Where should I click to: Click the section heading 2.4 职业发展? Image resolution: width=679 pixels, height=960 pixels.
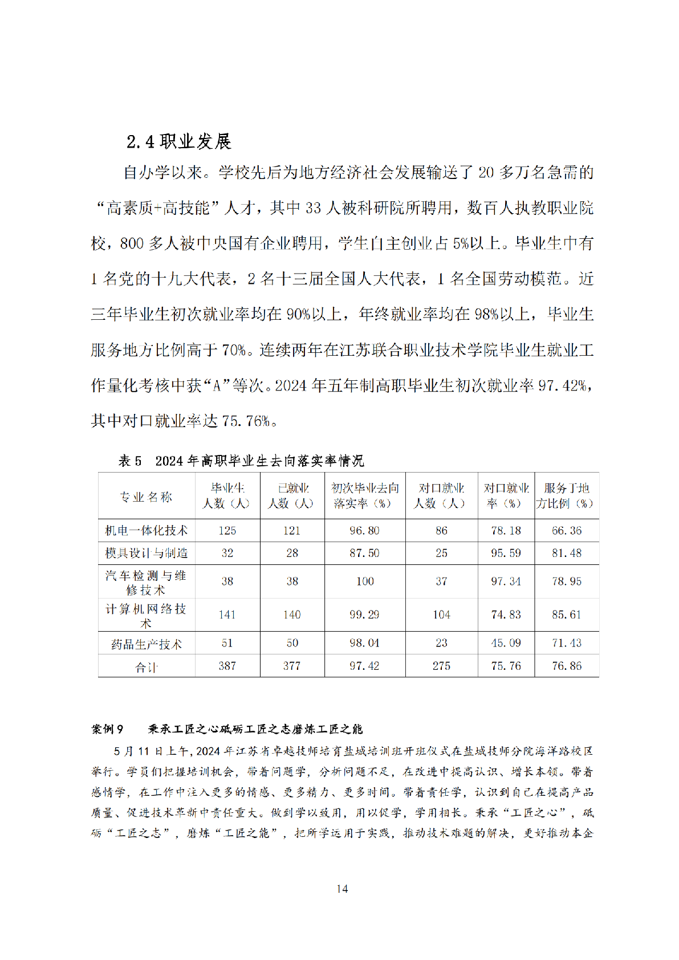coord(178,141)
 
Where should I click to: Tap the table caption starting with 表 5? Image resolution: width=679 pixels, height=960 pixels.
coord(241,461)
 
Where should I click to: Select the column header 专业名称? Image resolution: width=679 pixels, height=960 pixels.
coord(146,497)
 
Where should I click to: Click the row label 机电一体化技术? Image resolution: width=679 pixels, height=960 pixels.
coord(146,531)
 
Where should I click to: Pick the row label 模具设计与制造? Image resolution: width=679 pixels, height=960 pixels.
coord(146,553)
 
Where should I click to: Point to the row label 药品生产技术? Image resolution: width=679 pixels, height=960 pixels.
coord(146,644)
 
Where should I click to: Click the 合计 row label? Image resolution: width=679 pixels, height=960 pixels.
coord(146,666)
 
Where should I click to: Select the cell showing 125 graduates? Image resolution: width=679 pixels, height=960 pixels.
coord(227,531)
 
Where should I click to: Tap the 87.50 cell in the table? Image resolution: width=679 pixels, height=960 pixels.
coord(364,553)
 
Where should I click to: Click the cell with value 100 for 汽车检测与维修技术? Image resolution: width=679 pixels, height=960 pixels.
coord(365,581)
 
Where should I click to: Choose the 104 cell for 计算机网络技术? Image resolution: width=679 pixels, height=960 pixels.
coord(441,615)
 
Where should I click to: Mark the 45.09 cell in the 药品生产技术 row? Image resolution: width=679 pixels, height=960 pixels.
coord(506,643)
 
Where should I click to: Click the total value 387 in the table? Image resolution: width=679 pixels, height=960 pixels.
coord(227,666)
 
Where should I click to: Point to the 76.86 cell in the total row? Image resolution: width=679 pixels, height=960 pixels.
coord(566,666)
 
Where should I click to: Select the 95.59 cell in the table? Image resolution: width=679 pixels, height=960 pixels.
coord(506,553)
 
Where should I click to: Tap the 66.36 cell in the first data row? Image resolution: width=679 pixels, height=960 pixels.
coord(566,531)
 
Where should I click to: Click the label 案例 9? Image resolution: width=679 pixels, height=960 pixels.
coord(107,729)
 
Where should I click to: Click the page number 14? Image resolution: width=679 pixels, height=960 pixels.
coord(342,889)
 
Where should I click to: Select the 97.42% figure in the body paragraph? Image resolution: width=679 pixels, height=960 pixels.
coord(561,386)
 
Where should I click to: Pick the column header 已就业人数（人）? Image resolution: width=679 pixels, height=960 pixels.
coord(292,495)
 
